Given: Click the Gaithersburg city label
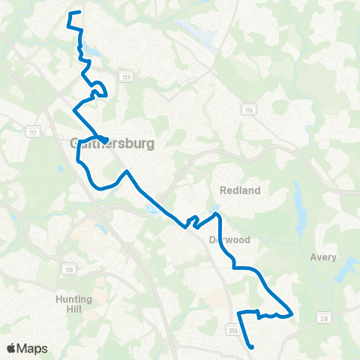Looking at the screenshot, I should pyautogui.click(x=112, y=142).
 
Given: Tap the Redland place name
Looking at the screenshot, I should pyautogui.click(x=241, y=190).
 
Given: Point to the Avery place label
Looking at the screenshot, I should pyautogui.click(x=323, y=257).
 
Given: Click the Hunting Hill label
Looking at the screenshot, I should pyautogui.click(x=73, y=303).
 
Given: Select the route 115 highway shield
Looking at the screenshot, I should pyautogui.click(x=247, y=109).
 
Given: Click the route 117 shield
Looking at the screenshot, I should pyautogui.click(x=31, y=133).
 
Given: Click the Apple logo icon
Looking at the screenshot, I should pyautogui.click(x=11, y=348).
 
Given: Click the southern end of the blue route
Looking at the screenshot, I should pyautogui.click(x=252, y=346).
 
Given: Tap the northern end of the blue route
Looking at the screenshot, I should pyautogui.click(x=70, y=13).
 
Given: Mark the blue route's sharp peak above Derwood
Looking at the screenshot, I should pyautogui.click(x=218, y=214).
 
